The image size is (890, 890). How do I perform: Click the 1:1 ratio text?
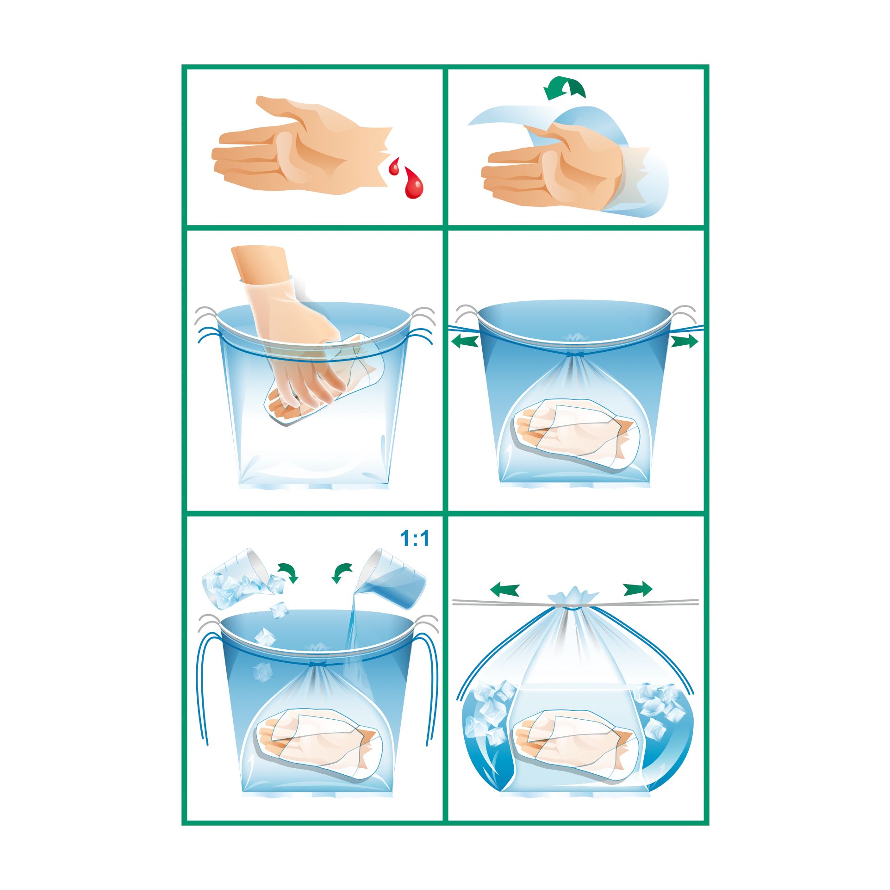click(x=414, y=538)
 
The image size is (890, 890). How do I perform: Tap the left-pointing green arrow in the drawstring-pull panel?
click(x=465, y=342)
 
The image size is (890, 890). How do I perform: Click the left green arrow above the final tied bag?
click(x=504, y=590)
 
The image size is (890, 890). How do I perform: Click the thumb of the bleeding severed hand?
click(x=287, y=109)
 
